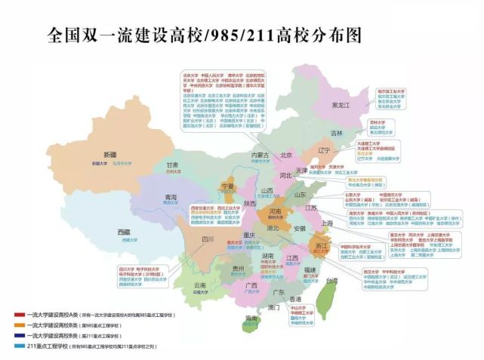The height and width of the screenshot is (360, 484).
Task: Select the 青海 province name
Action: (171, 197)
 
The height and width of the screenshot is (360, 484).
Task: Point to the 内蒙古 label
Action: (260, 155)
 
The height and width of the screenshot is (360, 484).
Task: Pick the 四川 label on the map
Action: (208, 239)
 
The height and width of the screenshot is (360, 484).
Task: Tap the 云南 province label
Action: (199, 285)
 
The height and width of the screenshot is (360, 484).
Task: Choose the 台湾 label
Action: (331, 281)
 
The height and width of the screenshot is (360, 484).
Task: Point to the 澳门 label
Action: (274, 308)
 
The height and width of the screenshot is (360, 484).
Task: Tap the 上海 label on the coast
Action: (328, 223)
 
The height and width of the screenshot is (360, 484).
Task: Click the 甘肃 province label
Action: (172, 165)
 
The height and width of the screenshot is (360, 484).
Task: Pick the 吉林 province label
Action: (335, 133)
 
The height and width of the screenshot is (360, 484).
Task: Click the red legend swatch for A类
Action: (16, 313)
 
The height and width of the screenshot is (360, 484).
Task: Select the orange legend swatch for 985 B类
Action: (16, 324)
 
